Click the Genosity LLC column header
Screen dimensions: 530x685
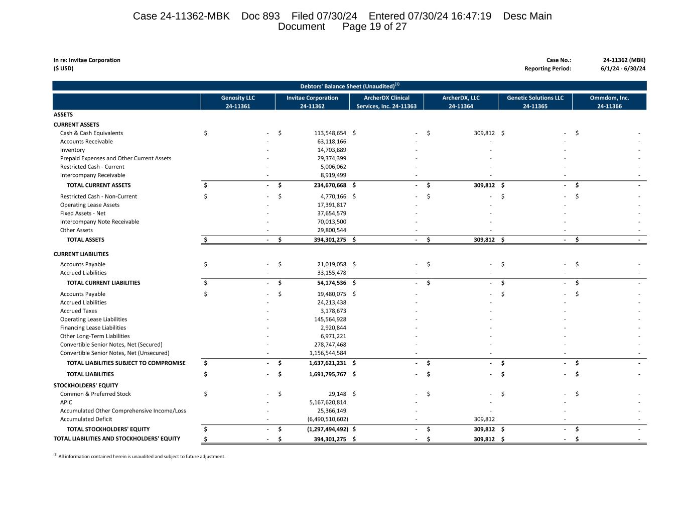click(x=238, y=101)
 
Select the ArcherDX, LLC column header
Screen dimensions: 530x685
click(x=461, y=101)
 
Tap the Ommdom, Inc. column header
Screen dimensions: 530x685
click(x=609, y=101)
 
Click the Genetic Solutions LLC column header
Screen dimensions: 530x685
click(x=535, y=101)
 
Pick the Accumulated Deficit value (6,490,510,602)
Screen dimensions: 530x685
click(x=328, y=419)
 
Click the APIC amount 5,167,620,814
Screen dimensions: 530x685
click(x=328, y=402)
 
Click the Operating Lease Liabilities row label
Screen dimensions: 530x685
click(x=93, y=320)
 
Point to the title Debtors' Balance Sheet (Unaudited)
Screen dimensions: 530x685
click(x=349, y=86)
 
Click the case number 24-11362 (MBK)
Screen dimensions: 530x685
click(x=624, y=60)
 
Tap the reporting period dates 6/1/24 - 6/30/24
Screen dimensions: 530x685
click(x=623, y=69)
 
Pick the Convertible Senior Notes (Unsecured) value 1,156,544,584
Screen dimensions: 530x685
click(x=328, y=353)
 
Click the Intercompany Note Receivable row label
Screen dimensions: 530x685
click(x=99, y=222)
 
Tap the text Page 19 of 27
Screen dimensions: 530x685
click(x=374, y=27)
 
